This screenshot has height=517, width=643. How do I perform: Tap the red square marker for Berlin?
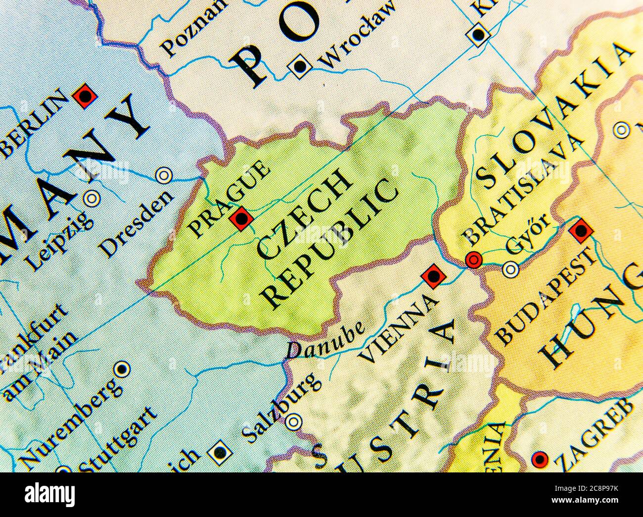click(x=85, y=96)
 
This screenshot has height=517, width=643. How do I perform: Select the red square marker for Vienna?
click(x=432, y=276)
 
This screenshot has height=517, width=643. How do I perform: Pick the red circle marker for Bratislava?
click(x=474, y=259)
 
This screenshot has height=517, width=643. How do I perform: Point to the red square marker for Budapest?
click(x=580, y=231)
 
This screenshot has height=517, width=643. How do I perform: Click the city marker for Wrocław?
click(x=300, y=66)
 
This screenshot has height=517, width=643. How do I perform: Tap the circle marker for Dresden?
click(x=163, y=175)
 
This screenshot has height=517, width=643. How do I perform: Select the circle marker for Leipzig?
click(x=91, y=198)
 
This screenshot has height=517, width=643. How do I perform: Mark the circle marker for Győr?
click(x=510, y=269)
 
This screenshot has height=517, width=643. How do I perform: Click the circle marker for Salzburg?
click(x=294, y=422)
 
